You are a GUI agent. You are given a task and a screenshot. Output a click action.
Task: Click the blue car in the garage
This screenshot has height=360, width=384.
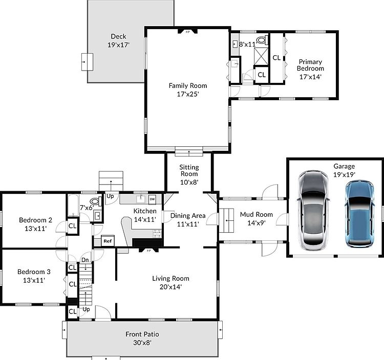(360, 214)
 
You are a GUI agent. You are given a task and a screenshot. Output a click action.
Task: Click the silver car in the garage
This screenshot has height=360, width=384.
(313, 210)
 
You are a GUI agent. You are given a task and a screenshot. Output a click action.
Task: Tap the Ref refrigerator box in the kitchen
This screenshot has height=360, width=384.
(108, 241)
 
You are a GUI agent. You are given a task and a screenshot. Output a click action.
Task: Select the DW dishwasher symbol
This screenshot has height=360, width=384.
(152, 199)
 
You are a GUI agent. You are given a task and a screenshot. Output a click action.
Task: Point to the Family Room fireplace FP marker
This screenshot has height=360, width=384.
(187, 32)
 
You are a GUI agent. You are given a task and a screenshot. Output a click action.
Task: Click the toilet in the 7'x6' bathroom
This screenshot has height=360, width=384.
(96, 201)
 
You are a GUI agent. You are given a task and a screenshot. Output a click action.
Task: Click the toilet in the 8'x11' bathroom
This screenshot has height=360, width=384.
(262, 40)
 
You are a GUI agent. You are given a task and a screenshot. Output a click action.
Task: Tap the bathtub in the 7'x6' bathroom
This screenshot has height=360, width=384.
(73, 206)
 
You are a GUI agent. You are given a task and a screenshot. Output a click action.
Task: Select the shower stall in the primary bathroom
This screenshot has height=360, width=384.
(261, 56)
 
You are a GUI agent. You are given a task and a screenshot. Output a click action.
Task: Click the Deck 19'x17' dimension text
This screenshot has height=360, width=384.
(118, 45)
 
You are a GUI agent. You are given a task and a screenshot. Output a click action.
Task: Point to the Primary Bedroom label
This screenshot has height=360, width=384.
(310, 65)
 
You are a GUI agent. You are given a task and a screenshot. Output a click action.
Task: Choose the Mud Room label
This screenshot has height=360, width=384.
(256, 214)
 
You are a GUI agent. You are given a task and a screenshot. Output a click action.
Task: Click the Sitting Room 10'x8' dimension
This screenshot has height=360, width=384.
(189, 182)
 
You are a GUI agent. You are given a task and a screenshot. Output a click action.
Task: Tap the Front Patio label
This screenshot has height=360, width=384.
(142, 334)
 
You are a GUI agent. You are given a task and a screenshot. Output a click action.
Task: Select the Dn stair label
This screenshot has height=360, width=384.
(85, 260)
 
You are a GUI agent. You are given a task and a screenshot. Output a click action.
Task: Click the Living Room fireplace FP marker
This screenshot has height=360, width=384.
(148, 251)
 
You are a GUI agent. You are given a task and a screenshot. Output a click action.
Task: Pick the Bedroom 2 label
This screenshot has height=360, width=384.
(35, 220)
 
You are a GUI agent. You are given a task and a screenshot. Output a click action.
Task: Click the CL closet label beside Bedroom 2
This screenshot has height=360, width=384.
(73, 226)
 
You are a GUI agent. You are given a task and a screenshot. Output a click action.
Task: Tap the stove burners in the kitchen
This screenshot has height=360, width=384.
(157, 234)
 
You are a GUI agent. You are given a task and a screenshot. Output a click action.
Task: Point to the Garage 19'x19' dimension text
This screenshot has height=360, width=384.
(344, 174)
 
